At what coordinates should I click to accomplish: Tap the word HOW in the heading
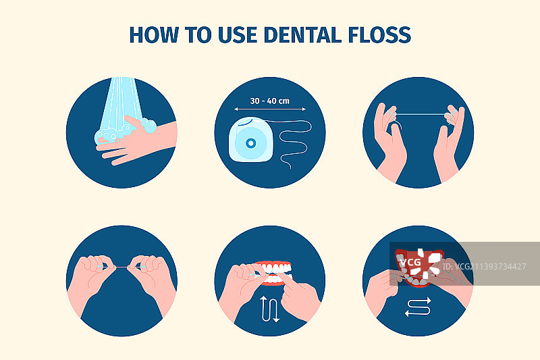tap(154, 35)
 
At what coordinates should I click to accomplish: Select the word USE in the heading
tap(238, 35)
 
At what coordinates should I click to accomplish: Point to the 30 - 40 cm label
tap(269, 101)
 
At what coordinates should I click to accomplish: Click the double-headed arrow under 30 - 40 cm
tap(269, 109)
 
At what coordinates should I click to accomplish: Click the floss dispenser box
tap(250, 139)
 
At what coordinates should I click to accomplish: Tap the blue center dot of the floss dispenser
tap(250, 143)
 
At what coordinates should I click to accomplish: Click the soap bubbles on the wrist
tap(148, 125)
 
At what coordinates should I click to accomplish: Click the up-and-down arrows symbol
tap(269, 309)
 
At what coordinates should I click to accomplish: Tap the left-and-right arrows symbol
tap(418, 307)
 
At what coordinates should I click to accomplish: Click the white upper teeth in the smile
tap(275, 267)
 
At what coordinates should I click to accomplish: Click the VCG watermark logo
tap(419, 263)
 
